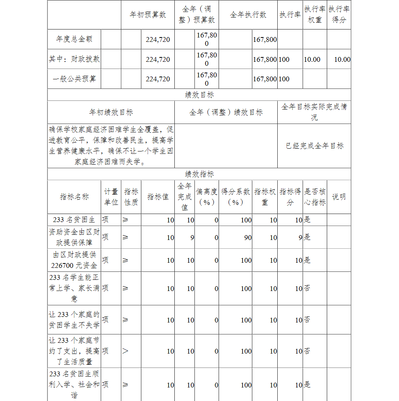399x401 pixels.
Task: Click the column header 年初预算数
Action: [x=148, y=15]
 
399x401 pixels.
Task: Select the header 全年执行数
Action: [x=248, y=15]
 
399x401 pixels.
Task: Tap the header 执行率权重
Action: [x=315, y=14]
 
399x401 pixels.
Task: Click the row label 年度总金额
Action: [x=74, y=39]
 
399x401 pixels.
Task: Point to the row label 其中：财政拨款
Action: [x=74, y=59]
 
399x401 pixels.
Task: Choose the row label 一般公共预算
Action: [x=74, y=79]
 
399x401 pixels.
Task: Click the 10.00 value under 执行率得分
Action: [x=342, y=59]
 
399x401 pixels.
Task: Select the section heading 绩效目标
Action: [x=199, y=94]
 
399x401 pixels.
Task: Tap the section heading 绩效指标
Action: [x=199, y=174]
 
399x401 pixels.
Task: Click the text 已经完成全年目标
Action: [x=314, y=146]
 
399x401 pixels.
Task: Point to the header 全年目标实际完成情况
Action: [x=314, y=112]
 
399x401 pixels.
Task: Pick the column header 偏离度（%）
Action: [x=207, y=197]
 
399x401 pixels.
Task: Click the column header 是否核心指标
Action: [x=315, y=197]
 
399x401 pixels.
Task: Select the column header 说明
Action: [x=339, y=197]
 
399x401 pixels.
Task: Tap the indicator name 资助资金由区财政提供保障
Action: [x=74, y=237]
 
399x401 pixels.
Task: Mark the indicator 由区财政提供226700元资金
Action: [x=74, y=260]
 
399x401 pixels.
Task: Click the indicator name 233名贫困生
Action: [x=74, y=220]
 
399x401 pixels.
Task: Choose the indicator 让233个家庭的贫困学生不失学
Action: [x=74, y=320]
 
